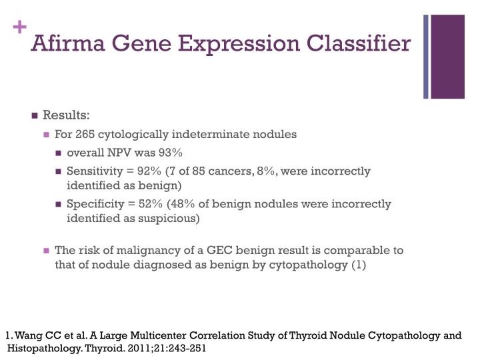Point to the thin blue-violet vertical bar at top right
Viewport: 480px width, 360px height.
coord(426,57)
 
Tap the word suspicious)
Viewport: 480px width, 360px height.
coord(172,218)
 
